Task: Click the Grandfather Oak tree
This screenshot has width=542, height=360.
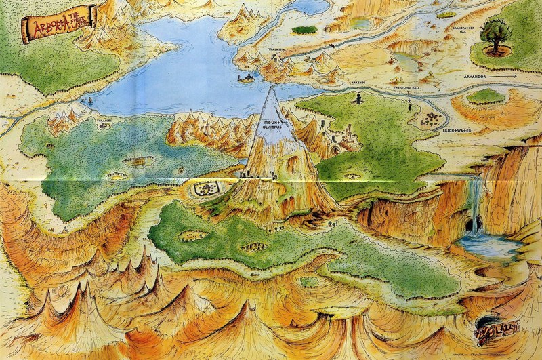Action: click(497, 34)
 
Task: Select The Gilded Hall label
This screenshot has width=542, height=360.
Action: click(408, 88)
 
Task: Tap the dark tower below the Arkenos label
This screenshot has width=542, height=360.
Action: click(358, 99)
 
